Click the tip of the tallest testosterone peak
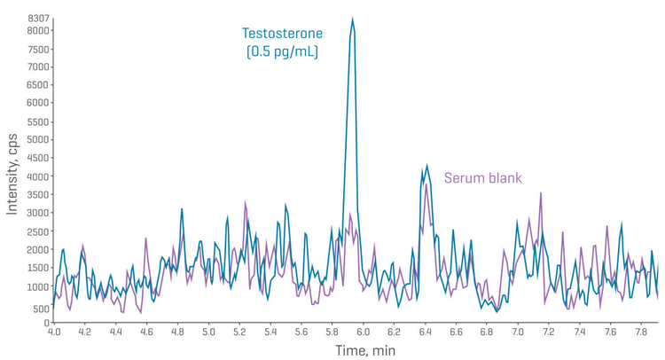click(352, 19)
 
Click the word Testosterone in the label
click(283, 34)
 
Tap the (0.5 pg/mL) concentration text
click(283, 52)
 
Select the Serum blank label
click(482, 177)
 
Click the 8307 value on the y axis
click(38, 19)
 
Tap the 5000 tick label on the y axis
click(38, 140)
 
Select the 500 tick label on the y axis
click(41, 309)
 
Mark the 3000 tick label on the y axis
click(38, 214)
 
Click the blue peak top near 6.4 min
click(427, 165)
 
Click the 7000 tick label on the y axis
click(38, 67)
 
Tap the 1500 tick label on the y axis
click(38, 269)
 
